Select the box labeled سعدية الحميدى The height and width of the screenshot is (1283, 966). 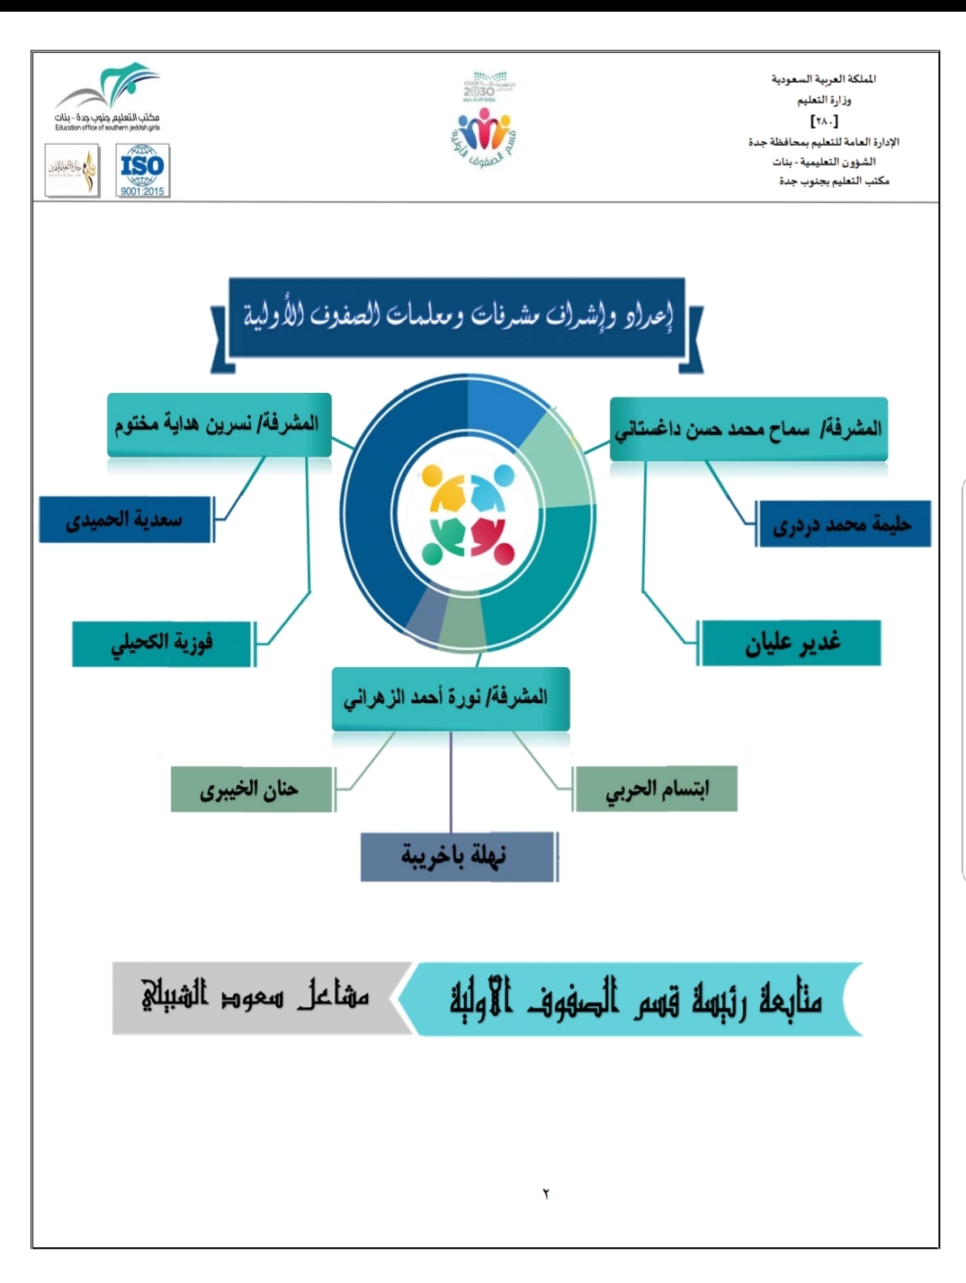click(125, 520)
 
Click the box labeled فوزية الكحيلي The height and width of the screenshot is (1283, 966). click(163, 643)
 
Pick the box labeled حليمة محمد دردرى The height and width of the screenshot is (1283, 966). click(842, 525)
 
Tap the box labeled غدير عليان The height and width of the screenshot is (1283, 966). click(791, 643)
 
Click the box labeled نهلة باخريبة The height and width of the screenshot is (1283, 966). click(458, 856)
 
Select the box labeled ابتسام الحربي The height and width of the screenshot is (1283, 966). click(656, 789)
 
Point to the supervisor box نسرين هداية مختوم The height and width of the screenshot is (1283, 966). click(219, 424)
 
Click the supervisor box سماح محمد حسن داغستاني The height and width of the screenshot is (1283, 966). click(748, 429)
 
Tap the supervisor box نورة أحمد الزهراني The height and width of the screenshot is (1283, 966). click(450, 699)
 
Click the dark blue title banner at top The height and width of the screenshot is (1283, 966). click(457, 317)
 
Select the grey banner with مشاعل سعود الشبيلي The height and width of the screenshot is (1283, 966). click(255, 997)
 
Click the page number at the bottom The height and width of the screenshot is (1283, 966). click(546, 1194)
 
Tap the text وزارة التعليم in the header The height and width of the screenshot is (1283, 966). click(824, 100)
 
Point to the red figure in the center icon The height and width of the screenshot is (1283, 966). click(489, 537)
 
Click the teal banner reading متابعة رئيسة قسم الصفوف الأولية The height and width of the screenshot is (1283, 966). click(634, 999)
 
